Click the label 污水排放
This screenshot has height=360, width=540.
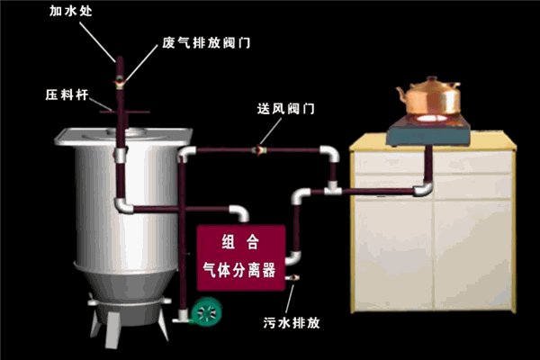pos(290,321)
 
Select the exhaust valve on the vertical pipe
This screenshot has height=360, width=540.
pos(119,83)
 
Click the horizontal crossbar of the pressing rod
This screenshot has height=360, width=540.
pos(118,112)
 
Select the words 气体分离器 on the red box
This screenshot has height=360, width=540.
pos(240,270)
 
